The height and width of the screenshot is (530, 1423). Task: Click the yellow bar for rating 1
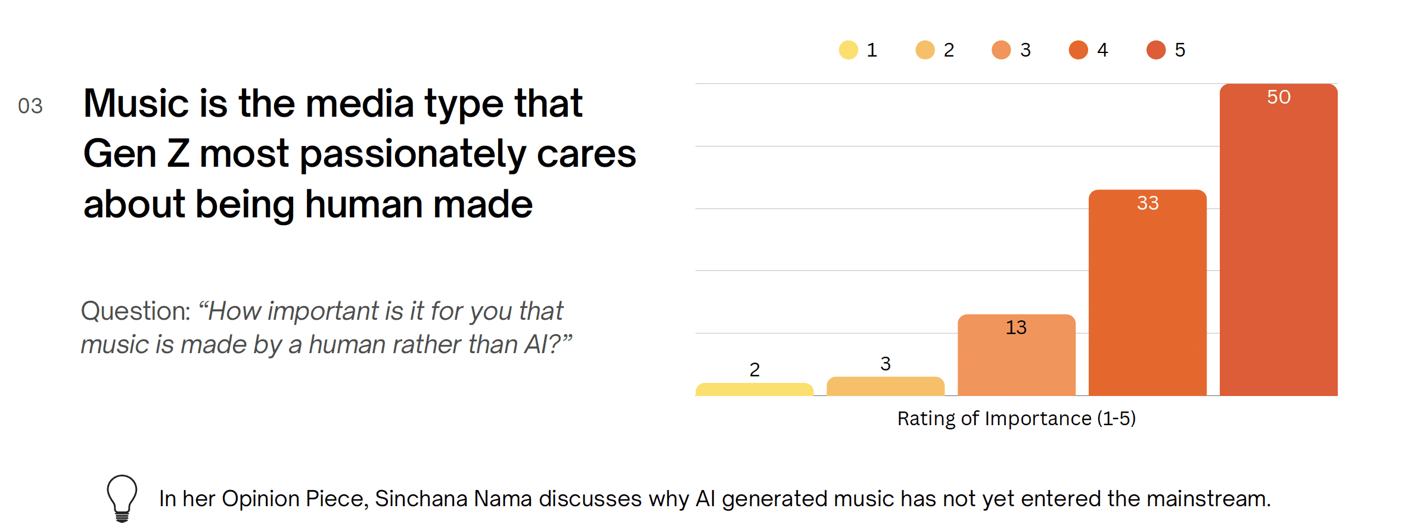(x=754, y=389)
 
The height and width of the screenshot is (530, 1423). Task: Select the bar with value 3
(x=886, y=386)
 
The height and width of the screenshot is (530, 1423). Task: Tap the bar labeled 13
(x=1017, y=355)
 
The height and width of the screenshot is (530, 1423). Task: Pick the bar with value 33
(x=1148, y=293)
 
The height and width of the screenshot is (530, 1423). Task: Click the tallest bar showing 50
(x=1279, y=240)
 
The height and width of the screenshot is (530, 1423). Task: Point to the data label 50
(x=1279, y=97)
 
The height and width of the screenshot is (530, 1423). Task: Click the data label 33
(x=1148, y=203)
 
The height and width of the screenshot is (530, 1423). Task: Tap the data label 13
(x=1016, y=328)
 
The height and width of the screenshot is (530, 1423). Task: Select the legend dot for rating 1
(x=848, y=50)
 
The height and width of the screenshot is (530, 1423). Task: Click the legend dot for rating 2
(x=925, y=50)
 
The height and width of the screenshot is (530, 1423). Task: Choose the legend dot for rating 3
(x=1001, y=50)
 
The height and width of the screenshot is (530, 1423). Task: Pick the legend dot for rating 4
(x=1079, y=50)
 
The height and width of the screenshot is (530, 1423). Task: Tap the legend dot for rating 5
(x=1156, y=50)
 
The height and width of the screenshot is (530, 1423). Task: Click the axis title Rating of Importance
(x=1017, y=419)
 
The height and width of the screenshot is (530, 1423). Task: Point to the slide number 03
(x=30, y=106)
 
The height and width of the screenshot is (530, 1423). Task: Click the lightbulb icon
(x=122, y=498)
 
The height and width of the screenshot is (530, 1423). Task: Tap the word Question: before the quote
(x=136, y=311)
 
